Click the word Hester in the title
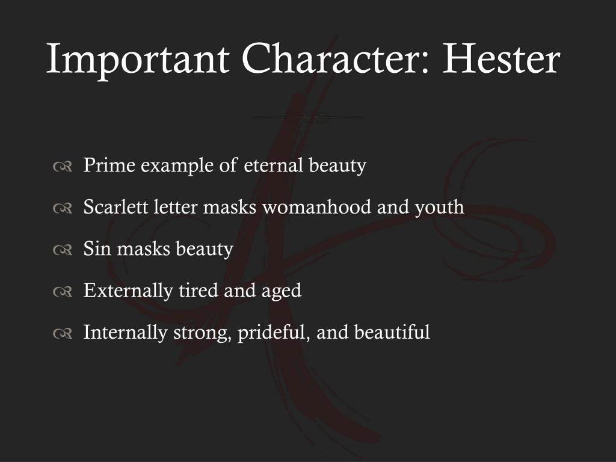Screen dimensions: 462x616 point(502,59)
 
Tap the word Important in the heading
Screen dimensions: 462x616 point(137,59)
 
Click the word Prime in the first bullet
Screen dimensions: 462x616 point(109,165)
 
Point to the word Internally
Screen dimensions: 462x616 point(125,332)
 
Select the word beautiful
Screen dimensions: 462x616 point(392,332)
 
